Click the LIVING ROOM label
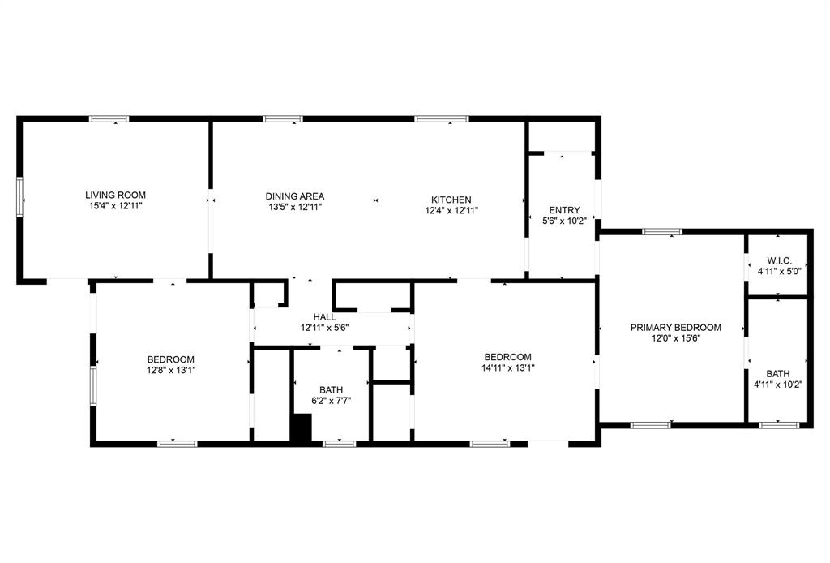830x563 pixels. tap(115, 195)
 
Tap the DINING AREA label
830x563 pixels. tap(295, 196)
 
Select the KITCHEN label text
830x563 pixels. tap(451, 200)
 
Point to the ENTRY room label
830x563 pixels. tap(564, 210)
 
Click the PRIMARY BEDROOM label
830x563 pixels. tap(675, 328)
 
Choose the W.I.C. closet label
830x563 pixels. tap(779, 260)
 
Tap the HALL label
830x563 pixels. tap(324, 317)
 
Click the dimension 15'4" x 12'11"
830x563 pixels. tap(115, 208)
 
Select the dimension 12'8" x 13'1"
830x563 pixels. tap(170, 370)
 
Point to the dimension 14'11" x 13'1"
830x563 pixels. tap(507, 367)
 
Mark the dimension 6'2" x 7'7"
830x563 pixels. tap(331, 400)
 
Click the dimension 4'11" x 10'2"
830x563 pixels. tap(778, 385)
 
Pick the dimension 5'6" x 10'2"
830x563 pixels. tap(564, 221)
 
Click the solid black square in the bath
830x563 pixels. tap(302, 428)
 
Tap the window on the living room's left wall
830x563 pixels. tap(21, 196)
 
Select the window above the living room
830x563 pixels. tap(109, 119)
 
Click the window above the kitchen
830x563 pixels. tap(442, 119)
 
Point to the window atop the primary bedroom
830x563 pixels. tap(662, 232)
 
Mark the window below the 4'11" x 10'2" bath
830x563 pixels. tap(779, 424)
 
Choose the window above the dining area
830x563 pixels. tap(283, 119)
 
